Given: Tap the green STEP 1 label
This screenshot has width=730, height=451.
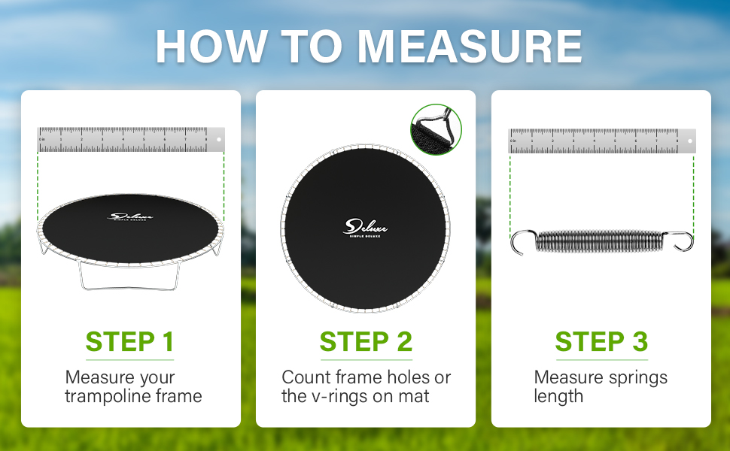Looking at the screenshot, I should click(x=130, y=341).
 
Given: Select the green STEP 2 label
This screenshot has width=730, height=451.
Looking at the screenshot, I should click(x=366, y=341).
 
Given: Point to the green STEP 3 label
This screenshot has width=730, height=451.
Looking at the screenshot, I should click(x=601, y=341).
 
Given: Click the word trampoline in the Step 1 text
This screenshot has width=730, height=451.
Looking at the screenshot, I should click(x=113, y=396).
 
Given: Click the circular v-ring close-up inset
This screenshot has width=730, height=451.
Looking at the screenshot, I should click(x=436, y=129).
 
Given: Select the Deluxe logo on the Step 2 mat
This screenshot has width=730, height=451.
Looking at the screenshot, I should click(x=366, y=227).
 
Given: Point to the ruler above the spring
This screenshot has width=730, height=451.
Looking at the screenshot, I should click(x=602, y=141).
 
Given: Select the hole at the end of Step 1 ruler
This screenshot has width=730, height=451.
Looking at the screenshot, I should click(x=218, y=139).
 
